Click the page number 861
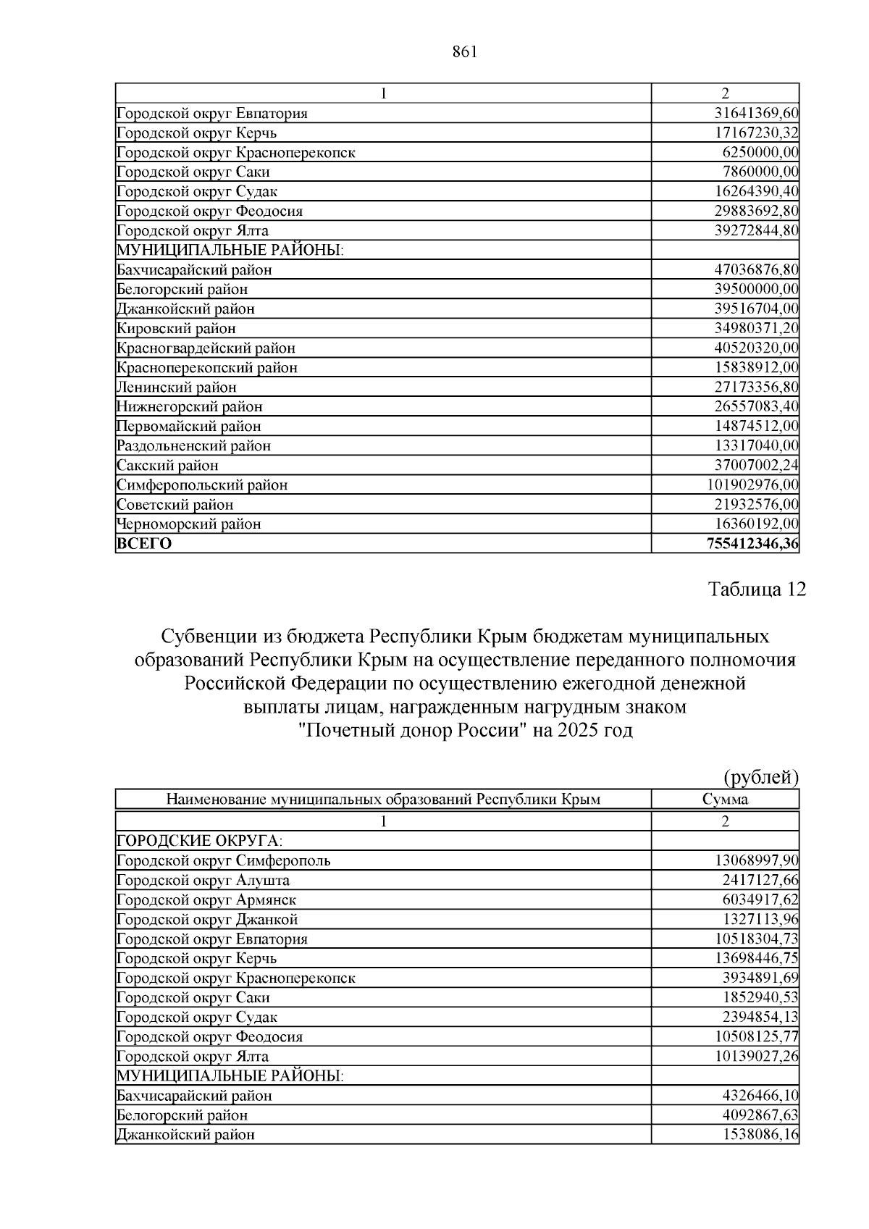point(463,52)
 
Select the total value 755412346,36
point(752,544)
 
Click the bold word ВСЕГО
point(145,544)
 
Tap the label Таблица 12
point(757,590)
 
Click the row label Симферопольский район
point(202,485)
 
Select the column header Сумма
point(725,800)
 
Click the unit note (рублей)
point(761,778)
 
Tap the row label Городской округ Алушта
point(203,881)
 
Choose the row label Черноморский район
point(188,524)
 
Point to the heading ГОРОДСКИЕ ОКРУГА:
point(199,841)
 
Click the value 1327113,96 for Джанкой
point(760,920)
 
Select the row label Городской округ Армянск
point(206,900)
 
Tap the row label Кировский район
point(176,329)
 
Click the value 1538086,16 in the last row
point(760,1135)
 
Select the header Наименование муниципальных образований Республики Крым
point(383,800)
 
